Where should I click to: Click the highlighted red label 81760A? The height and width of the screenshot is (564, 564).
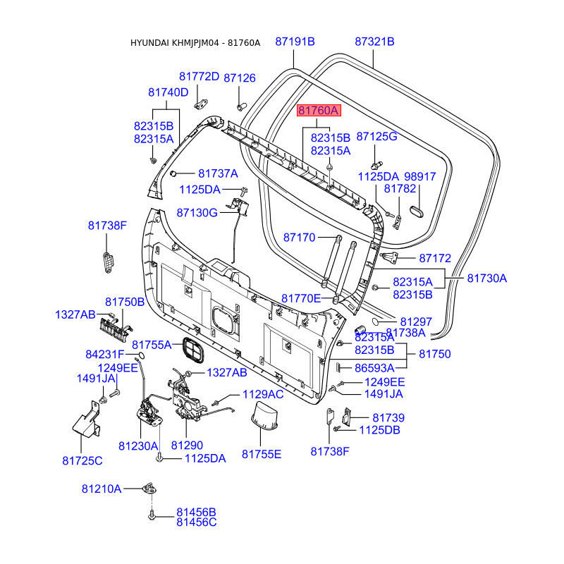pyautogui.click(x=319, y=111)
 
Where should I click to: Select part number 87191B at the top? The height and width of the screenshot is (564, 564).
pyautogui.click(x=295, y=42)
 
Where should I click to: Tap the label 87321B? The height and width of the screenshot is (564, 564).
pyautogui.click(x=374, y=42)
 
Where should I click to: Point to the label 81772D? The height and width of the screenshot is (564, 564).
pyautogui.click(x=199, y=77)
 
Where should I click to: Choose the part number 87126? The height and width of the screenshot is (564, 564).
pyautogui.click(x=240, y=78)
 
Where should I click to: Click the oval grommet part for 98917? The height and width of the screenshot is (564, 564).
pyautogui.click(x=417, y=211)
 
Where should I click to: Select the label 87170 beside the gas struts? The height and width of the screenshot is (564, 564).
pyautogui.click(x=299, y=238)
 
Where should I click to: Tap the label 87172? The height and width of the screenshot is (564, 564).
pyautogui.click(x=435, y=258)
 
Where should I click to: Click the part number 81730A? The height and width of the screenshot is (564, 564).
pyautogui.click(x=487, y=278)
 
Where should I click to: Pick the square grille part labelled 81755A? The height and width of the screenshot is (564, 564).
pyautogui.click(x=193, y=350)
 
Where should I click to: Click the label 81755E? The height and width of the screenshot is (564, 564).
pyautogui.click(x=262, y=454)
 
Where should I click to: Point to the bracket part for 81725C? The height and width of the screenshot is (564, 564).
pyautogui.click(x=86, y=419)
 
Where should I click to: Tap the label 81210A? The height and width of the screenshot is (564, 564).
pyautogui.click(x=102, y=489)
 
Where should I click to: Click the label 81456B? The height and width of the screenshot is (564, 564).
pyautogui.click(x=196, y=512)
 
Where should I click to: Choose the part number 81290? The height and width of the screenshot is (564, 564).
pyautogui.click(x=187, y=446)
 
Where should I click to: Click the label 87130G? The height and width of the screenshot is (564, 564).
pyautogui.click(x=197, y=213)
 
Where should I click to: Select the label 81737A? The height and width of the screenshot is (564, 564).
pyautogui.click(x=218, y=173)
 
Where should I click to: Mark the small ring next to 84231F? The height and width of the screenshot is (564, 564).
pyautogui.click(x=141, y=355)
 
